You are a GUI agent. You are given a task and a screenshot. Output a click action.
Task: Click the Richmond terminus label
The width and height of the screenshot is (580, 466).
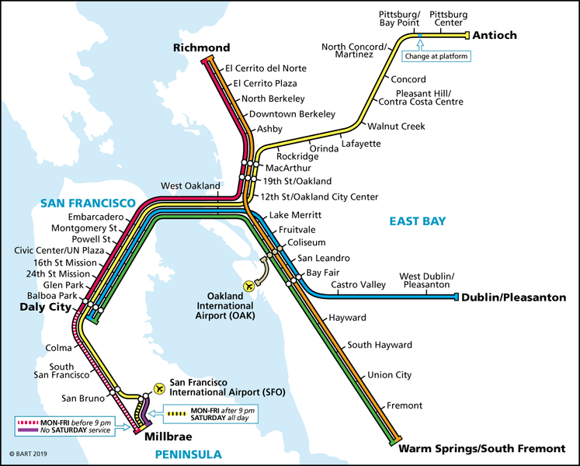pos(202,48)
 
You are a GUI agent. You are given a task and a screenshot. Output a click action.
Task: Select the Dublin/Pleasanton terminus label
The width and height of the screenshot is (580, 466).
pos(513,297)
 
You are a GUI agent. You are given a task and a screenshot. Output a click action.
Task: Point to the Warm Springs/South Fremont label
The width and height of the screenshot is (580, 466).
pos(481,449)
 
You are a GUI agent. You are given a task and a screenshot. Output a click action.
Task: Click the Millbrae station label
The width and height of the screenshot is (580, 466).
pos(169,438)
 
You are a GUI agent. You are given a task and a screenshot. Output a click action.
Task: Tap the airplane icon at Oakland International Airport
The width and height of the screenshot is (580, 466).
pos(249,286)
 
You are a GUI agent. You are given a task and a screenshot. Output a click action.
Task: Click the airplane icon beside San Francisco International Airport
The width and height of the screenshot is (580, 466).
pos(160,387)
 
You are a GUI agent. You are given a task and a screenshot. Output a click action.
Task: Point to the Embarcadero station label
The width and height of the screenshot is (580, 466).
pos(96,216)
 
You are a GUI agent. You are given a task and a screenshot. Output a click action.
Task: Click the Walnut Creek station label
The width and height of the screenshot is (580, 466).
pos(396,127)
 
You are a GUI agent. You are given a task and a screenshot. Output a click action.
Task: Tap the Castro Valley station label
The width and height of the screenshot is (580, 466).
pos(358,285)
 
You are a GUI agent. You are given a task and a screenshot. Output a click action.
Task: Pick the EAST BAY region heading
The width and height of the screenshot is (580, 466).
pos(418,222)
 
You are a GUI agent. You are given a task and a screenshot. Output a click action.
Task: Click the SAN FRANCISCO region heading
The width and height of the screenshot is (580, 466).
pos(88,203)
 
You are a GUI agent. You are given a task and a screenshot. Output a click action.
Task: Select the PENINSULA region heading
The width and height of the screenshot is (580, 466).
pos(187,455)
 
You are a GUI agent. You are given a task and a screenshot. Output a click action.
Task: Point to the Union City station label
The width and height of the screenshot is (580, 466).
pos(390,375)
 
